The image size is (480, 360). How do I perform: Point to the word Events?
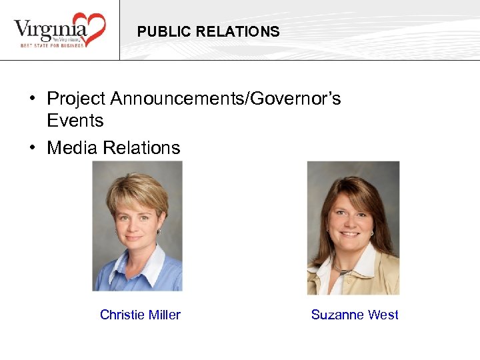tap(75, 121)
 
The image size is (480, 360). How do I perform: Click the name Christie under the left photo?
tap(121, 315)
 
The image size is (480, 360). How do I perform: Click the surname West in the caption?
tap(384, 315)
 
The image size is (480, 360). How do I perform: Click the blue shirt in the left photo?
tap(110, 277)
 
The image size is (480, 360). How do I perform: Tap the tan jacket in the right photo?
tap(380, 277)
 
